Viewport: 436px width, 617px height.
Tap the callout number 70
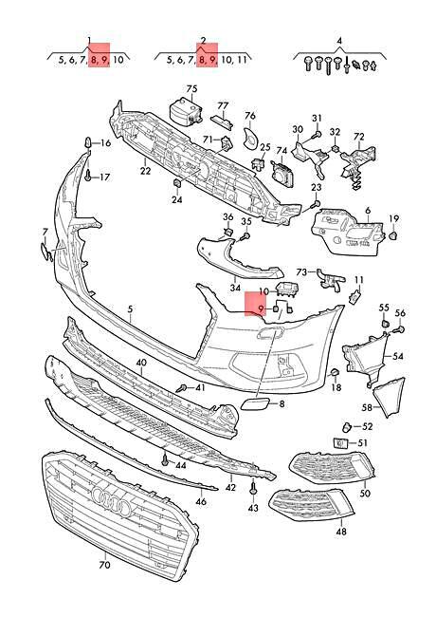pyautogui.click(x=104, y=565)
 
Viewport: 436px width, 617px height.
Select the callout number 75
pyautogui.click(x=191, y=89)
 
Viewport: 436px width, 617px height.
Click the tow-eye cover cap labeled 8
pyautogui.click(x=255, y=404)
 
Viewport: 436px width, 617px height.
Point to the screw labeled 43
pyautogui.click(x=253, y=489)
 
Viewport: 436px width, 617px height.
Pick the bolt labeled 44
pyautogui.click(x=166, y=458)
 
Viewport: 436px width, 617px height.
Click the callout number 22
pyautogui.click(x=145, y=171)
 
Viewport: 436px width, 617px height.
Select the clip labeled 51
pyautogui.click(x=339, y=443)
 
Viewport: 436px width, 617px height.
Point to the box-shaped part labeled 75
pyautogui.click(x=186, y=110)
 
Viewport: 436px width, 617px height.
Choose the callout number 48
pyautogui.click(x=341, y=532)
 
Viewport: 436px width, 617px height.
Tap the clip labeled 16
pyautogui.click(x=88, y=142)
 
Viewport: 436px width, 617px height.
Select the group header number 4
pyautogui.click(x=339, y=41)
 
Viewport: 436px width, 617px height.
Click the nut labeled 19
pyautogui.click(x=393, y=235)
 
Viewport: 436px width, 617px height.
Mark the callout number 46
pyautogui.click(x=201, y=502)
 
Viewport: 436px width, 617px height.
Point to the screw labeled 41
pyautogui.click(x=182, y=389)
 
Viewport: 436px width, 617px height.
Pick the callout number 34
pyautogui.click(x=235, y=288)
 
